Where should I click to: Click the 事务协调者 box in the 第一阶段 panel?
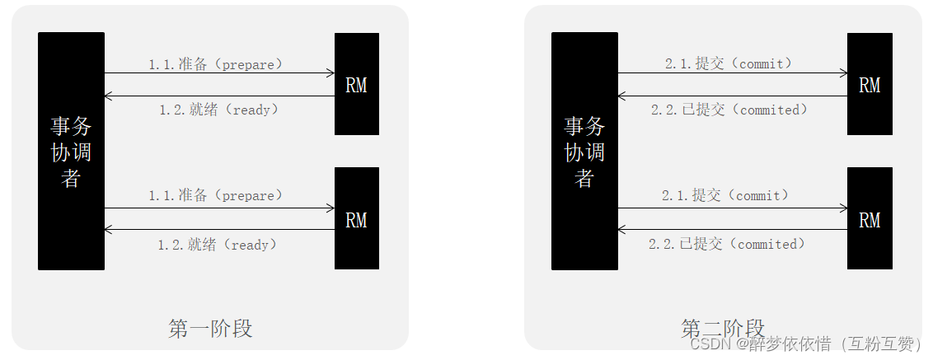[71, 151]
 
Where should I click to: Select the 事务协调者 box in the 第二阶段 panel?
[584, 151]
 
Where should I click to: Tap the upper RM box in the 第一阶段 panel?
[356, 84]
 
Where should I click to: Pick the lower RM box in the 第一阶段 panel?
[356, 218]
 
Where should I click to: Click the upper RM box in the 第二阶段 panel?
[870, 84]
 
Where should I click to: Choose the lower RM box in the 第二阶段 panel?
[870, 218]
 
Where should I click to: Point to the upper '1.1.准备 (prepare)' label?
[216, 63]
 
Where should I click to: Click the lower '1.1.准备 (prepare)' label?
[216, 195]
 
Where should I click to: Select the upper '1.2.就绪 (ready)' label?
[219, 110]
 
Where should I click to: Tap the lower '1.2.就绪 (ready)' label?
[218, 245]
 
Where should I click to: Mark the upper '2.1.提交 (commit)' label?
[729, 63]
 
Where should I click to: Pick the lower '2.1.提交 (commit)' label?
[726, 195]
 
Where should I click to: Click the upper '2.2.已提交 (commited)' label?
[729, 110]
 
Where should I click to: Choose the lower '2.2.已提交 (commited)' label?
[728, 244]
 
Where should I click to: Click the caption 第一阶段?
[210, 329]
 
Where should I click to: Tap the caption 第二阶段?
[723, 327]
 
